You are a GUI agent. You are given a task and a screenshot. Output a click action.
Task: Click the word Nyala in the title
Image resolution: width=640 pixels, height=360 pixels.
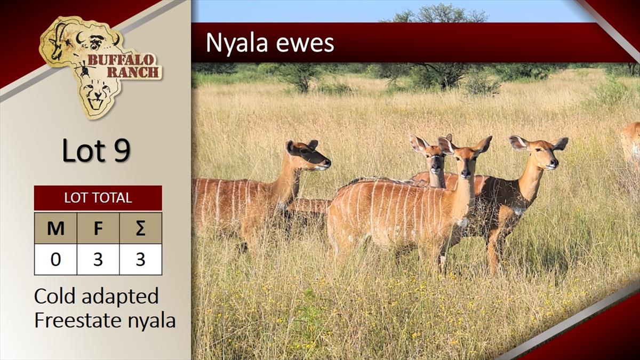(237, 43)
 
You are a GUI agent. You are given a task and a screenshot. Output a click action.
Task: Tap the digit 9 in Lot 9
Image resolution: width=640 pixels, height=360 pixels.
(122, 150)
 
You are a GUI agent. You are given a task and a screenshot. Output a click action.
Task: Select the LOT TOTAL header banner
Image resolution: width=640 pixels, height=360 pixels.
(98, 198)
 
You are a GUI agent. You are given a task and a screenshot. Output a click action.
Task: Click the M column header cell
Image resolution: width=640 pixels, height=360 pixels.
(55, 228)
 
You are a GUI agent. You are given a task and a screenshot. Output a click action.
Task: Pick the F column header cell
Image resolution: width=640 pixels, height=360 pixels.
(98, 228)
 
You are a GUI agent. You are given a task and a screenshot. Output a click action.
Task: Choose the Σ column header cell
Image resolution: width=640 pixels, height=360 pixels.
(141, 228)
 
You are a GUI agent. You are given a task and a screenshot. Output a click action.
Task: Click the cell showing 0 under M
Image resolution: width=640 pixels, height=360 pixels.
(55, 259)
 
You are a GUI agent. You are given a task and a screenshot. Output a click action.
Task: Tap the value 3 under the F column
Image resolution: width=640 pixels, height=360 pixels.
(98, 259)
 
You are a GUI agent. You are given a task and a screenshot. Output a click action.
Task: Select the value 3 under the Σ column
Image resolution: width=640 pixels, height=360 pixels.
(141, 259)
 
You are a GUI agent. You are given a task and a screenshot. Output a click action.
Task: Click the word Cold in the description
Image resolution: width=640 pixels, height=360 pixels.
(55, 296)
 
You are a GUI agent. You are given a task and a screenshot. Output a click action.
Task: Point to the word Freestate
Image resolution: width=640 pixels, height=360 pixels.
(78, 320)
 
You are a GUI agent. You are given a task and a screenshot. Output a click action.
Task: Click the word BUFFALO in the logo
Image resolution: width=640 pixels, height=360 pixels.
(121, 60)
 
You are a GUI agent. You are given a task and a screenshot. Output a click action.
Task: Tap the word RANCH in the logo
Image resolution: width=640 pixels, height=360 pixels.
(133, 72)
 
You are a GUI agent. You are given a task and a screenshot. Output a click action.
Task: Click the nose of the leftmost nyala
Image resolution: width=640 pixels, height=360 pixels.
(327, 163)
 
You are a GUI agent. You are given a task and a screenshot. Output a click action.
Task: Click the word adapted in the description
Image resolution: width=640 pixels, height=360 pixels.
(120, 297)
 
